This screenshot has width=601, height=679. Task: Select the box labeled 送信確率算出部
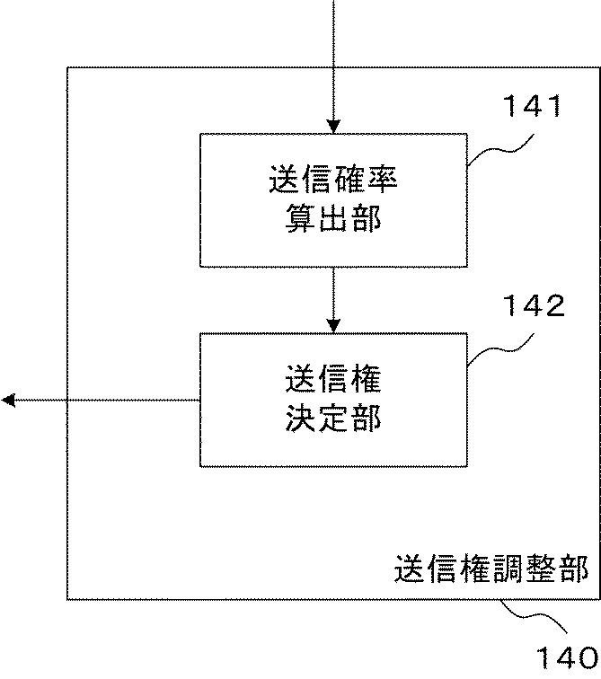333,199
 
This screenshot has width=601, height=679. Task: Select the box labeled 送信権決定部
333,399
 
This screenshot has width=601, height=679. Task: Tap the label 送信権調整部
491,569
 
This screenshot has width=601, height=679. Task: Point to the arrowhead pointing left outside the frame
9,400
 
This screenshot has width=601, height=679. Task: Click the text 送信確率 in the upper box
333,179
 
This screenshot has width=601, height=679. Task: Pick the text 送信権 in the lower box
333,380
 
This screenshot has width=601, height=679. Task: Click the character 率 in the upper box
382,179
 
